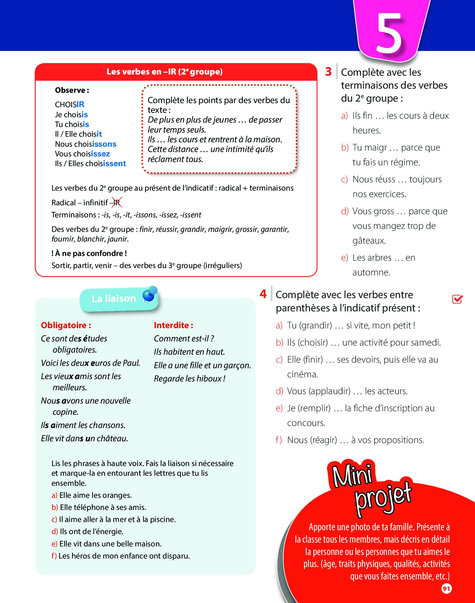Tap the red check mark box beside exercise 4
tap(457, 299)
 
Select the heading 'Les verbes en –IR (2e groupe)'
tap(165, 72)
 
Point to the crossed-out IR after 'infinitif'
tap(117, 203)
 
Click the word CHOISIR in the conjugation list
tap(69, 105)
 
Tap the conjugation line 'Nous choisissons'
tap(86, 144)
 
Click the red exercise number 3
tap(328, 72)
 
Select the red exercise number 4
tap(263, 294)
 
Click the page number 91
tap(446, 589)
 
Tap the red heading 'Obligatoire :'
tap(66, 325)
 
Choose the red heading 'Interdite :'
tap(173, 325)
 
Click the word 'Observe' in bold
tap(72, 90)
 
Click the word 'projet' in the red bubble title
tap(383, 498)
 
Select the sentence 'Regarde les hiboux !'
tap(190, 379)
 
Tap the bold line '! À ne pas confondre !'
tap(89, 253)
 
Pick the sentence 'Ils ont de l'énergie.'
tap(92, 531)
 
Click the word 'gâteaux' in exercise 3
tap(369, 241)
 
